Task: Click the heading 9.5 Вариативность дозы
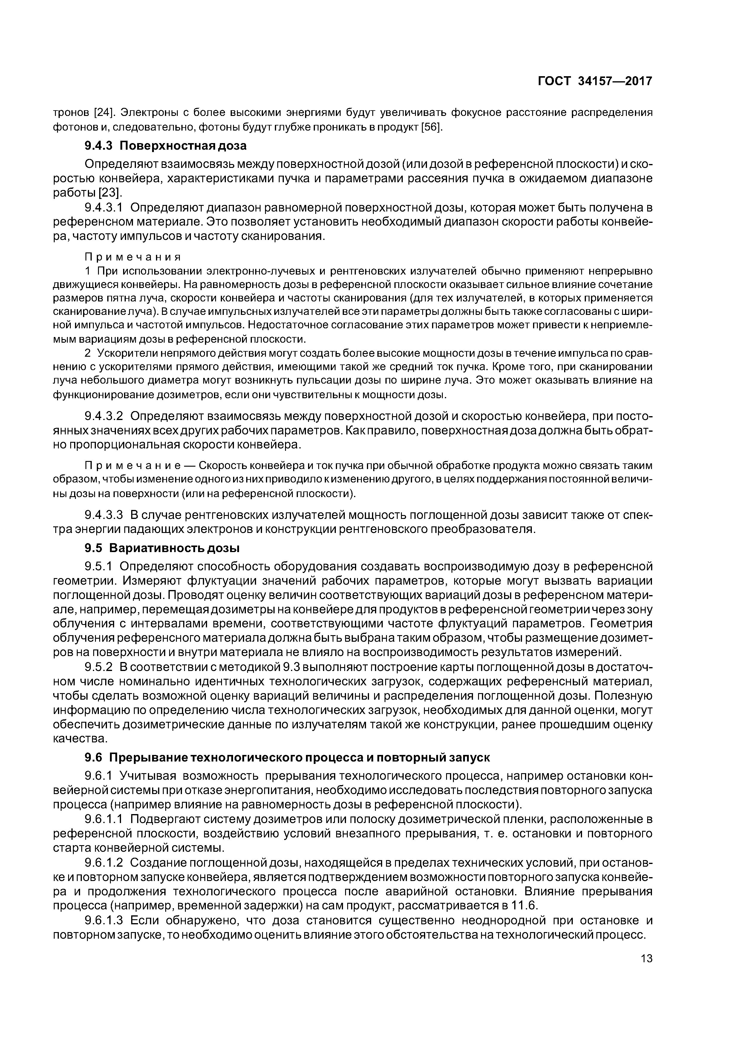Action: click(162, 547)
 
